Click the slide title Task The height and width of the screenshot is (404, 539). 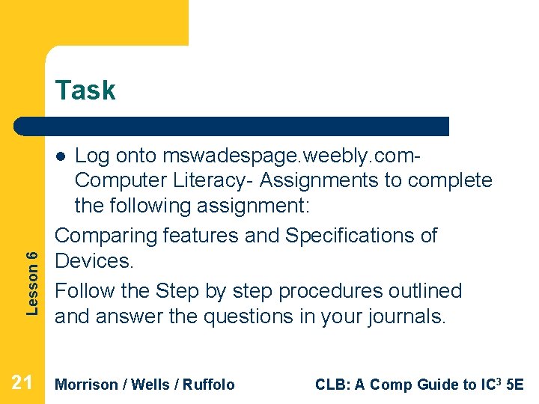coord(85,91)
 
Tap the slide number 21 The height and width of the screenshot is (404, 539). coord(22,384)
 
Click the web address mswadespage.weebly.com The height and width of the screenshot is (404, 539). coord(287,156)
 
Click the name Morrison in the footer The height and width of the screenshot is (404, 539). coord(87,385)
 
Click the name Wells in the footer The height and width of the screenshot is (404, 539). coord(150,385)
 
